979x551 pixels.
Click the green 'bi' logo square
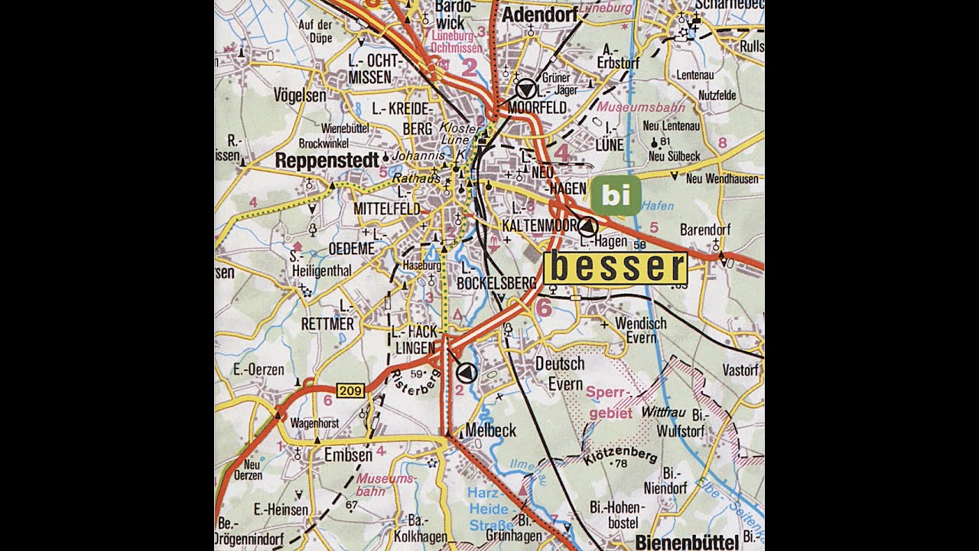[x=615, y=195]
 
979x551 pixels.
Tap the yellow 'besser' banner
[x=616, y=268]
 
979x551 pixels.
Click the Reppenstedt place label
[x=327, y=161]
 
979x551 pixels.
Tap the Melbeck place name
[x=490, y=430]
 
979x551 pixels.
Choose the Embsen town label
[x=347, y=455]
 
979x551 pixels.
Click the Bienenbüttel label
[x=687, y=543]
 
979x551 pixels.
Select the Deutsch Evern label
[x=560, y=373]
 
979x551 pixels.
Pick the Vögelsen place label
[x=300, y=96]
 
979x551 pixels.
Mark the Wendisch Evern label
[x=641, y=331]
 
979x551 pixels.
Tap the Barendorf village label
[x=705, y=230]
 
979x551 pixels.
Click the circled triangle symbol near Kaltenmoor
[x=587, y=226]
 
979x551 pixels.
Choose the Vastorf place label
[x=740, y=370]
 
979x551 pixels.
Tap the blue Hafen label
[x=658, y=206]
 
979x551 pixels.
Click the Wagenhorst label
[x=315, y=422]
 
